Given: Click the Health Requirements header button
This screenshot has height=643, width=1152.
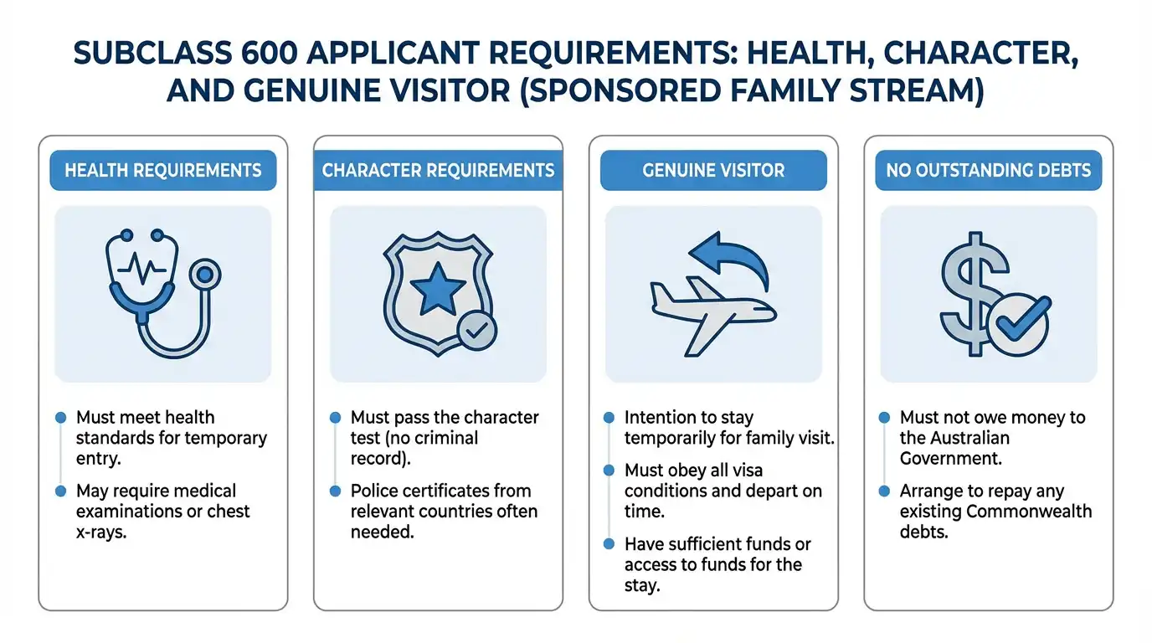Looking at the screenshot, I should tap(163, 171).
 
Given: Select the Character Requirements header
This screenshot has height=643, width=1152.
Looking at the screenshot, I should tap(438, 171).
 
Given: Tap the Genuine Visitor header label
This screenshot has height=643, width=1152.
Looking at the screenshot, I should tap(713, 171).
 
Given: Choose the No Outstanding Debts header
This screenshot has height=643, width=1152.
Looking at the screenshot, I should tap(989, 171).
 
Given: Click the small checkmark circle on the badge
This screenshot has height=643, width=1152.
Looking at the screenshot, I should tap(477, 332).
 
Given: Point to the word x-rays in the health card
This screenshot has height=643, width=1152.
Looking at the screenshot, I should tap(101, 532).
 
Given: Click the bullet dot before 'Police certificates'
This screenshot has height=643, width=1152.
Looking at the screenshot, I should tap(335, 491).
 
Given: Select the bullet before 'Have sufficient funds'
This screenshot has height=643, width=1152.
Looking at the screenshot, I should tap(609, 545).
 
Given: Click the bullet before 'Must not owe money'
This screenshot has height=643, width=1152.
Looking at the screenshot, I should tap(884, 418).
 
